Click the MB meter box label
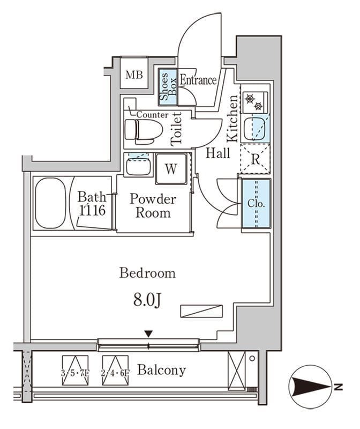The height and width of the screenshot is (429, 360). tap(134, 75)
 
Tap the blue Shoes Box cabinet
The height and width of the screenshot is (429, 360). tap(168, 87)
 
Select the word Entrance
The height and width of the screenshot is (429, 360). tap(198, 80)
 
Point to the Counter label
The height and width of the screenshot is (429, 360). tap(152, 115)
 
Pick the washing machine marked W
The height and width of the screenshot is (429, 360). tap(171, 168)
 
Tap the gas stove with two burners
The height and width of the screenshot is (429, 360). tap(255, 102)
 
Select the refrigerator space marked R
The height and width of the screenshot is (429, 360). tap(255, 159)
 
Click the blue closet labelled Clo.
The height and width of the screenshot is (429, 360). tap(256, 203)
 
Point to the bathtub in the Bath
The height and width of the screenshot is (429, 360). tap(51, 203)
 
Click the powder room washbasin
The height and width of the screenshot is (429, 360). tap(138, 164)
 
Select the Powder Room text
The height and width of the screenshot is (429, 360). tap(153, 205)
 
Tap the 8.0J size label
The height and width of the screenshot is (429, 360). tap(147, 300)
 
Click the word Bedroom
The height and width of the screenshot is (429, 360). tap(147, 273)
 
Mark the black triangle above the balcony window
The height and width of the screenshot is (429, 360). tap(148, 334)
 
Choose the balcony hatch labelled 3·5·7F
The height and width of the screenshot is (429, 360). tap(75, 371)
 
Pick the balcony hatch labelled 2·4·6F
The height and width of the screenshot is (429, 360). tap(115, 371)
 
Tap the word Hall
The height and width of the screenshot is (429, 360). tap(217, 153)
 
